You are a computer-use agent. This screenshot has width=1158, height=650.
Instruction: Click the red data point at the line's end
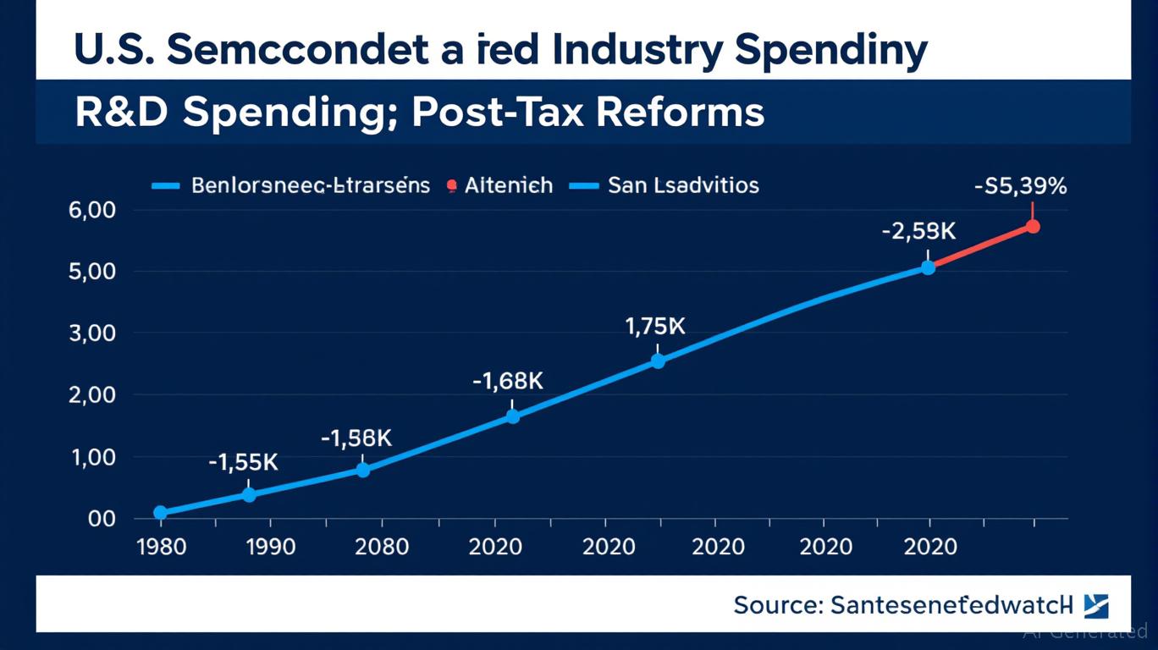(x=1033, y=226)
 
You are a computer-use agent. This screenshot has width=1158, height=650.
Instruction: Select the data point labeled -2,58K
(x=928, y=267)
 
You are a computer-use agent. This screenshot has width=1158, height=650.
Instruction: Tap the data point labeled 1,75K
(x=658, y=361)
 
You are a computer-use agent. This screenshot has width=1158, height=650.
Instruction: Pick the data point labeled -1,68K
(x=512, y=416)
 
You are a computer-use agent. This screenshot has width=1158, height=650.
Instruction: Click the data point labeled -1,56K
(x=362, y=470)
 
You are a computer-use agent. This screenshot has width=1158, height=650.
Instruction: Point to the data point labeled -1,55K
(x=249, y=494)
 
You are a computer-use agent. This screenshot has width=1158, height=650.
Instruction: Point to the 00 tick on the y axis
(x=101, y=519)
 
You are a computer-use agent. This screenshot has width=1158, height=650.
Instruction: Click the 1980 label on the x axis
(x=161, y=547)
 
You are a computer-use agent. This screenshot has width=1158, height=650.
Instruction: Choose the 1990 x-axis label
(x=271, y=547)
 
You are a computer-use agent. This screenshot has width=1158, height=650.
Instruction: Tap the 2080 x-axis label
(x=381, y=547)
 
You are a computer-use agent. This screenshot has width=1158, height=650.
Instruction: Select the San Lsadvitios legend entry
(x=682, y=185)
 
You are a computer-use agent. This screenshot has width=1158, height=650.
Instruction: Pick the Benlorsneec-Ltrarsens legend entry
(x=311, y=185)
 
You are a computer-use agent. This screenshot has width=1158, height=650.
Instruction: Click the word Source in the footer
(x=776, y=605)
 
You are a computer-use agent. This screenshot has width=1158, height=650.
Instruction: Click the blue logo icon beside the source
(x=1095, y=605)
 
